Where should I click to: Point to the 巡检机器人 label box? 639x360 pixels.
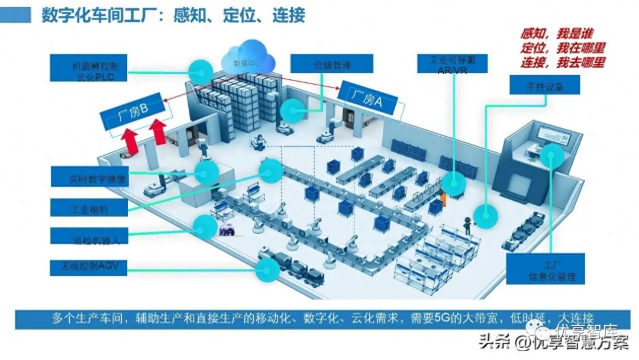(89, 239)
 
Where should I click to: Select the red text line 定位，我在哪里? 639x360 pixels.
(562, 48)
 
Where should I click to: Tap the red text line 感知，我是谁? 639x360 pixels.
(556, 34)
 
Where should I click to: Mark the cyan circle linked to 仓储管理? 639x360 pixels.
(293, 109)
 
